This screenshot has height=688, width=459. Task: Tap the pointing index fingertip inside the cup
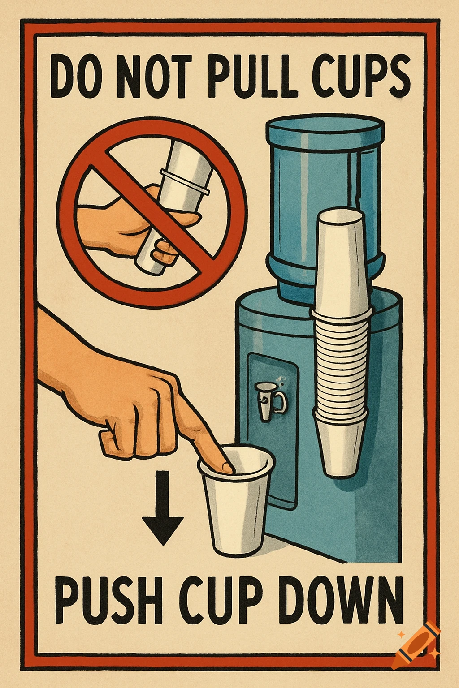(x=226, y=467)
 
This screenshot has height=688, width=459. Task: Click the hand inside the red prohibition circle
(x=121, y=219)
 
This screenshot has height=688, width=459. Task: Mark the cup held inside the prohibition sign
(x=179, y=197)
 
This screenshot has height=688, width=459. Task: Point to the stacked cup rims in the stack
(x=342, y=358)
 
